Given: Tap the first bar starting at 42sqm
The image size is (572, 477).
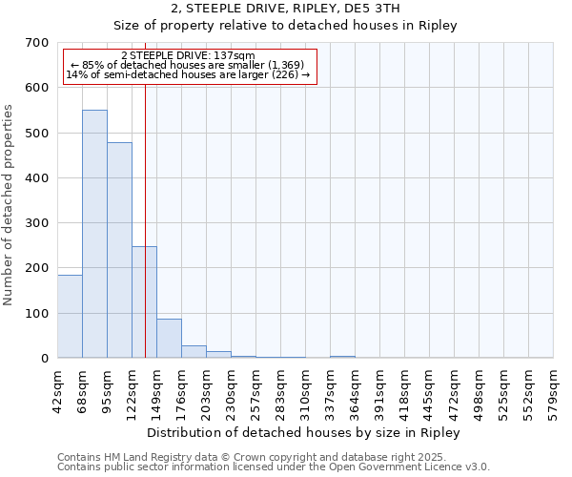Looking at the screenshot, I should (70, 316).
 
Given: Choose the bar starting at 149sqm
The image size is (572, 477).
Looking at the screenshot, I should (169, 338).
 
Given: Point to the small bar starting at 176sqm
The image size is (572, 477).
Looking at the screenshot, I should (194, 351).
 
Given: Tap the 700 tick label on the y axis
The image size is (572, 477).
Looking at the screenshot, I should (37, 43).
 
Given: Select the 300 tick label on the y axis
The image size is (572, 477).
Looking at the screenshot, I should (37, 223).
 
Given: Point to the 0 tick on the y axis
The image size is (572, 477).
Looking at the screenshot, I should (45, 359).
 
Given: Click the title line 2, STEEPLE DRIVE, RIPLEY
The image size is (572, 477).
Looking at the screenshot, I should (285, 9).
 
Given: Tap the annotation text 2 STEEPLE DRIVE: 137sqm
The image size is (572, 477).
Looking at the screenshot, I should (188, 55).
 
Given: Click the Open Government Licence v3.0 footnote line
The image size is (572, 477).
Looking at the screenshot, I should (274, 467).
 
